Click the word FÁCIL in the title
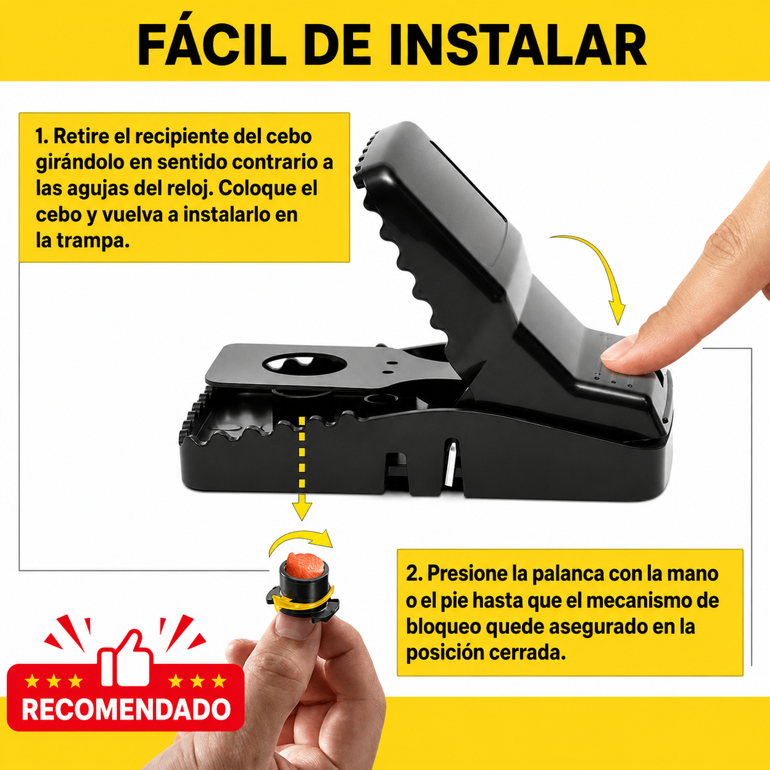click(211, 44)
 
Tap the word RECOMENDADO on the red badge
click(126, 709)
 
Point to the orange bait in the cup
click(305, 565)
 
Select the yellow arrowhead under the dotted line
click(302, 507)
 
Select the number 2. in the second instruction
click(414, 574)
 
